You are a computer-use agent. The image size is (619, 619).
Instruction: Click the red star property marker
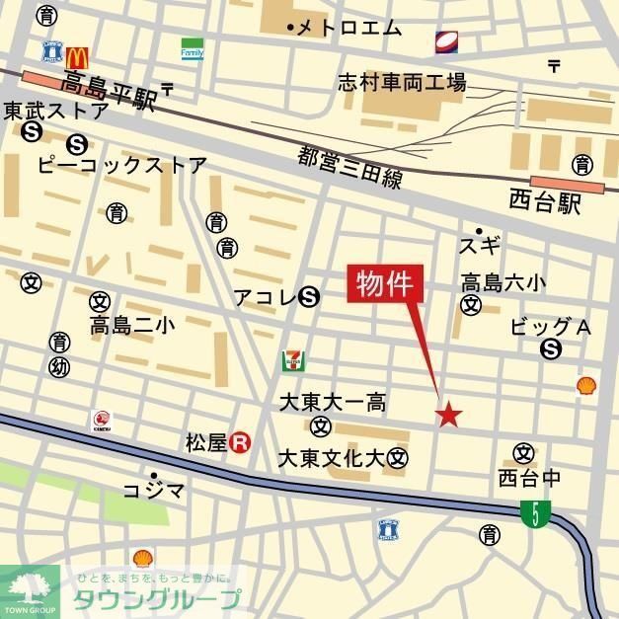click(448, 415)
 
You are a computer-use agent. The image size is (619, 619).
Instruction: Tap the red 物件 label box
click(386, 284)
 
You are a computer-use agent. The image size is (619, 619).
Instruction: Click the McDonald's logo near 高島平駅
click(79, 58)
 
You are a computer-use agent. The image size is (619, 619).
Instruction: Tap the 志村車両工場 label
click(401, 82)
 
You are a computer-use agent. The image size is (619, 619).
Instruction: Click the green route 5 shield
click(535, 513)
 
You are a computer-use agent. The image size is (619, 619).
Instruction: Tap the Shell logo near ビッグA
click(586, 384)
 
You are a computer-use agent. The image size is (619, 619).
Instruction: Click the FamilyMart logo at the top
click(192, 49)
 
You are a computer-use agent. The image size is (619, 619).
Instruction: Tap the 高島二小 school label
click(131, 325)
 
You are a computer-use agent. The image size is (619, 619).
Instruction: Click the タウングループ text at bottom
click(156, 598)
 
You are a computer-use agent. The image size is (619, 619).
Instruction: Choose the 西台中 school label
click(529, 480)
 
